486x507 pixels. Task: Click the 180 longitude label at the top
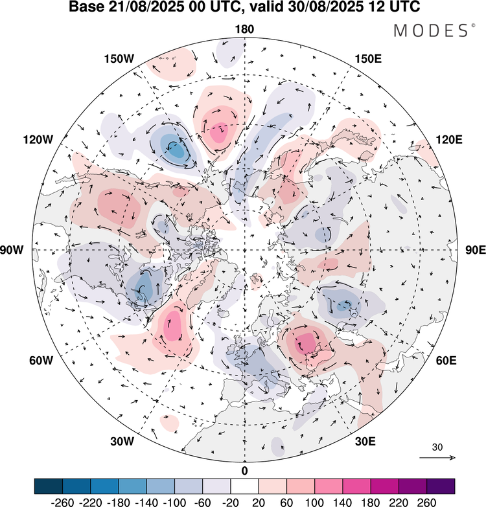tap(244, 30)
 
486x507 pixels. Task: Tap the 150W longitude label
tap(119, 59)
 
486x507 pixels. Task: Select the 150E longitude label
tap(368, 59)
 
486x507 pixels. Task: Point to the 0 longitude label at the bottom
tap(244, 470)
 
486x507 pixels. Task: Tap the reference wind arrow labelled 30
tap(437, 458)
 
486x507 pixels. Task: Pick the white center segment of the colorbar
tap(244, 486)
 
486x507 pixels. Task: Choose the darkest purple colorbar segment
tap(441, 486)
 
